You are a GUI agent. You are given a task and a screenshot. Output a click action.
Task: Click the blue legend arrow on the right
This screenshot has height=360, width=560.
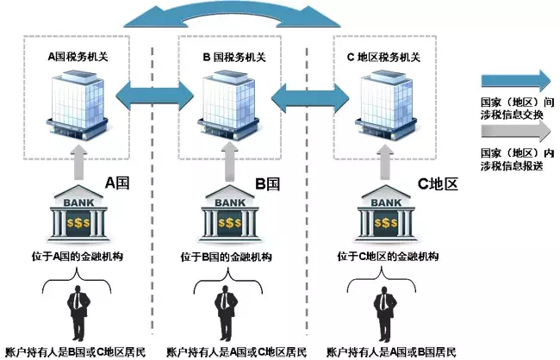click(515, 82)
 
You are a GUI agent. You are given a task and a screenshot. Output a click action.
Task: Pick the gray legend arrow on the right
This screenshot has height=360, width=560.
click(515, 131)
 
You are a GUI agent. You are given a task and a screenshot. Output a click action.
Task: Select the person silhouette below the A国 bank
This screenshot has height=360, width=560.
click(78, 313)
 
